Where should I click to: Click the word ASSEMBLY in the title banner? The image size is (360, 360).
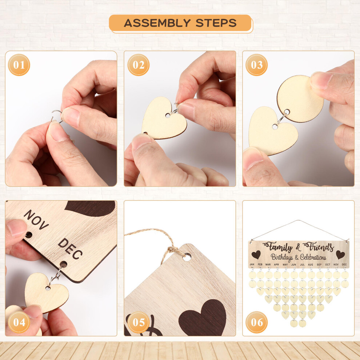tap(157, 23)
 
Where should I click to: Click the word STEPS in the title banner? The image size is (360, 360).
tap(216, 23)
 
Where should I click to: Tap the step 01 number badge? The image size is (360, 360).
tap(19, 65)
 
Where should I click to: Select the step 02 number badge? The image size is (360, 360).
tap(139, 65)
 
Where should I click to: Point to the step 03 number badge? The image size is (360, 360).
tap(256, 65)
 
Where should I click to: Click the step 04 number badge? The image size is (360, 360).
tap(19, 322)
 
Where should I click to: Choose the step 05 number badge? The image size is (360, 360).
tap(139, 322)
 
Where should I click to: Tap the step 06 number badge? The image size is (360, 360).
tap(256, 322)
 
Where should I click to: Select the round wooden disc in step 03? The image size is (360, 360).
tap(300, 99)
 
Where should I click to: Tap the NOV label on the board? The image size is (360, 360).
tap(36, 220)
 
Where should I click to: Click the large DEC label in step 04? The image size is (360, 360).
tap(70, 248)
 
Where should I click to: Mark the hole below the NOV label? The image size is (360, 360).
tap(29, 235)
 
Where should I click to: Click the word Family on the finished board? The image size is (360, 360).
tap(278, 247)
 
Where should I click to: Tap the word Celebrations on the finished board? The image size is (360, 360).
tap(313, 257)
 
